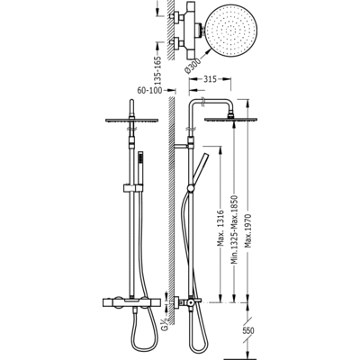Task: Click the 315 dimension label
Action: click(210, 79)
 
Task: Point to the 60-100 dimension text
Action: click(149, 90)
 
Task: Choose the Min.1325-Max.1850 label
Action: click(235, 229)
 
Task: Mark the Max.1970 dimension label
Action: click(248, 230)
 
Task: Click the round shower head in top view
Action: click(231, 31)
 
